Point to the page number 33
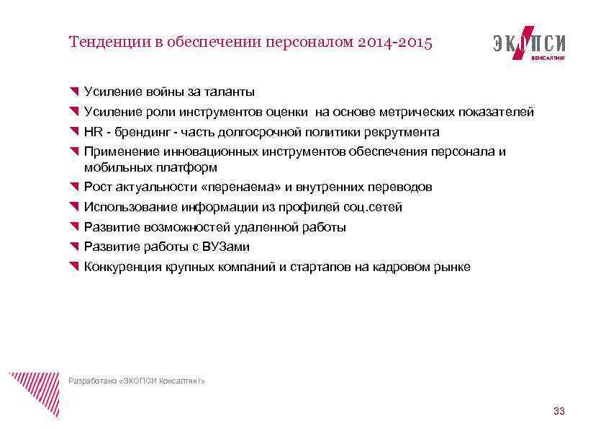558,411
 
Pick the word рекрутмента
402,132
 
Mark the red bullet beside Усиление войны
73,92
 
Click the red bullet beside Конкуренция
73,267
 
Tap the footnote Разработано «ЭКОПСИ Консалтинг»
137,381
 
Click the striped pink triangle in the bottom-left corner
32,393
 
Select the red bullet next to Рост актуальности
73,187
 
